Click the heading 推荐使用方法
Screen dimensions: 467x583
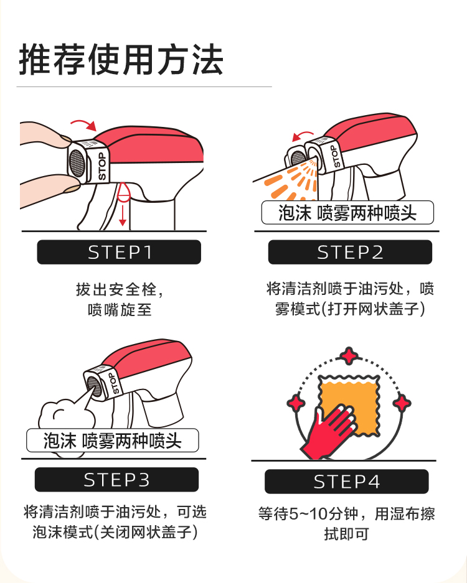pos(121,60)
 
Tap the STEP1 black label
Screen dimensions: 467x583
pos(119,252)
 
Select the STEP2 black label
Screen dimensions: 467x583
pos(350,252)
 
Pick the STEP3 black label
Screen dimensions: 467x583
pos(116,480)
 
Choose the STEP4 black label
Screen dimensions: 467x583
pos(347,482)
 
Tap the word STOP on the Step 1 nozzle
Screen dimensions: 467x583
pos(101,166)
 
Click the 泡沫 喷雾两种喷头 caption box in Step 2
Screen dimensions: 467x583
pos(347,213)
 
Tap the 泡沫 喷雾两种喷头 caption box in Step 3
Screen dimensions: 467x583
pos(112,441)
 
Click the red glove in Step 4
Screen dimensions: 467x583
pos(328,431)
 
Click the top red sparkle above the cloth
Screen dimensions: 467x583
pos(349,356)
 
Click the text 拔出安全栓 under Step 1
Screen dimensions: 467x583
pos(115,289)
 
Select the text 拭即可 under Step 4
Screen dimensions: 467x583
pos(346,534)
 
